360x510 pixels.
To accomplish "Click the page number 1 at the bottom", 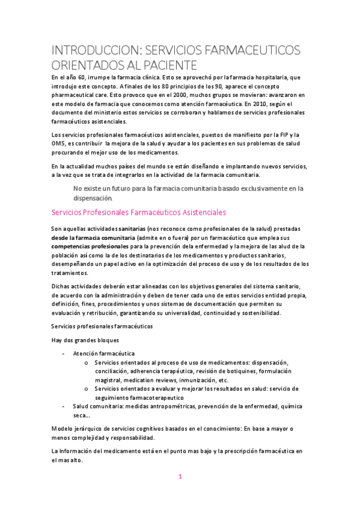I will pos(180,477).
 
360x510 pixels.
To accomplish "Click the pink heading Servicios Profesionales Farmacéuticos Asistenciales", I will pos(139,212).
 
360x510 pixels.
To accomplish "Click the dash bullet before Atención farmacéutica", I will pos(64,354).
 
